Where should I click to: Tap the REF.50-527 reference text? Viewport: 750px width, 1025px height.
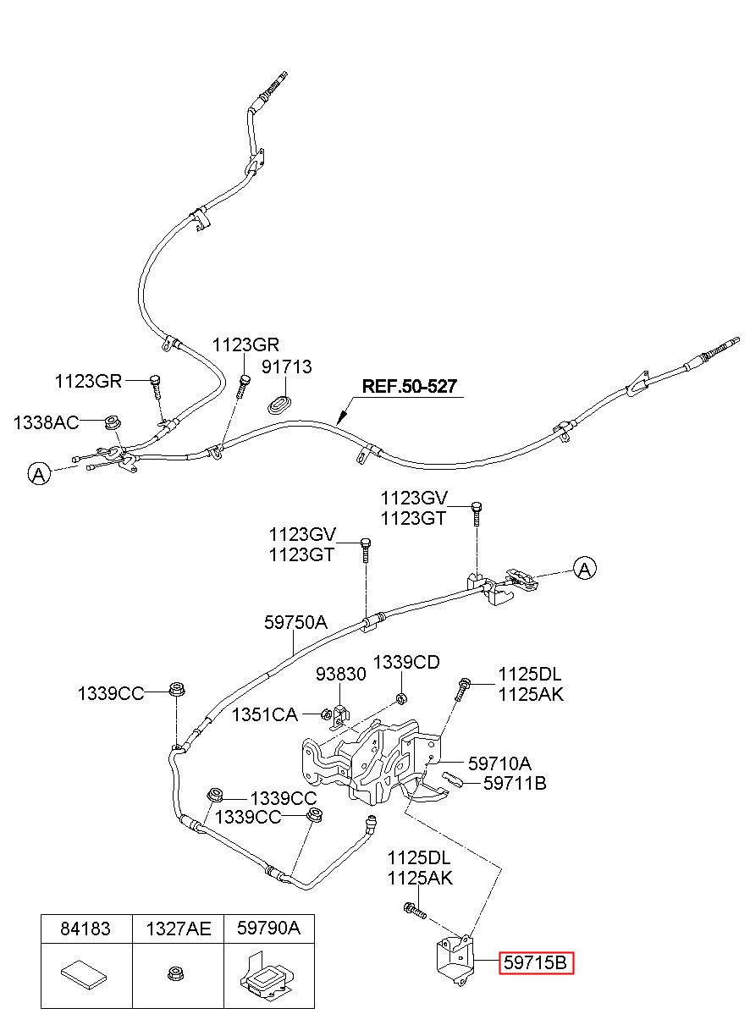point(410,386)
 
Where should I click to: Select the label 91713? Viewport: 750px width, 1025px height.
point(286,366)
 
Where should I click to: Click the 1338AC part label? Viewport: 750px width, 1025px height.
point(47,422)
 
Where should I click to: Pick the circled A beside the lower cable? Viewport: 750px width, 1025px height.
point(585,569)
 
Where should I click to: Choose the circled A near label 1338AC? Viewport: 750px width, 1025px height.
point(39,474)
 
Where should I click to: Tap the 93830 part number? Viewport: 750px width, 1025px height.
point(341,674)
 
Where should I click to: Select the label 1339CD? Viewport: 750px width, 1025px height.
point(407,662)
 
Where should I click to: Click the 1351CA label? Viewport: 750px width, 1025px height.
point(264,714)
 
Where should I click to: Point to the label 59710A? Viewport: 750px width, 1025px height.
point(499,763)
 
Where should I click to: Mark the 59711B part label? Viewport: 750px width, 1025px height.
point(515,784)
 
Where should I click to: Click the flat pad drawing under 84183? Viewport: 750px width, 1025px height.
point(84,973)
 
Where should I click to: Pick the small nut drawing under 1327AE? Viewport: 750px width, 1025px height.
point(174,973)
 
